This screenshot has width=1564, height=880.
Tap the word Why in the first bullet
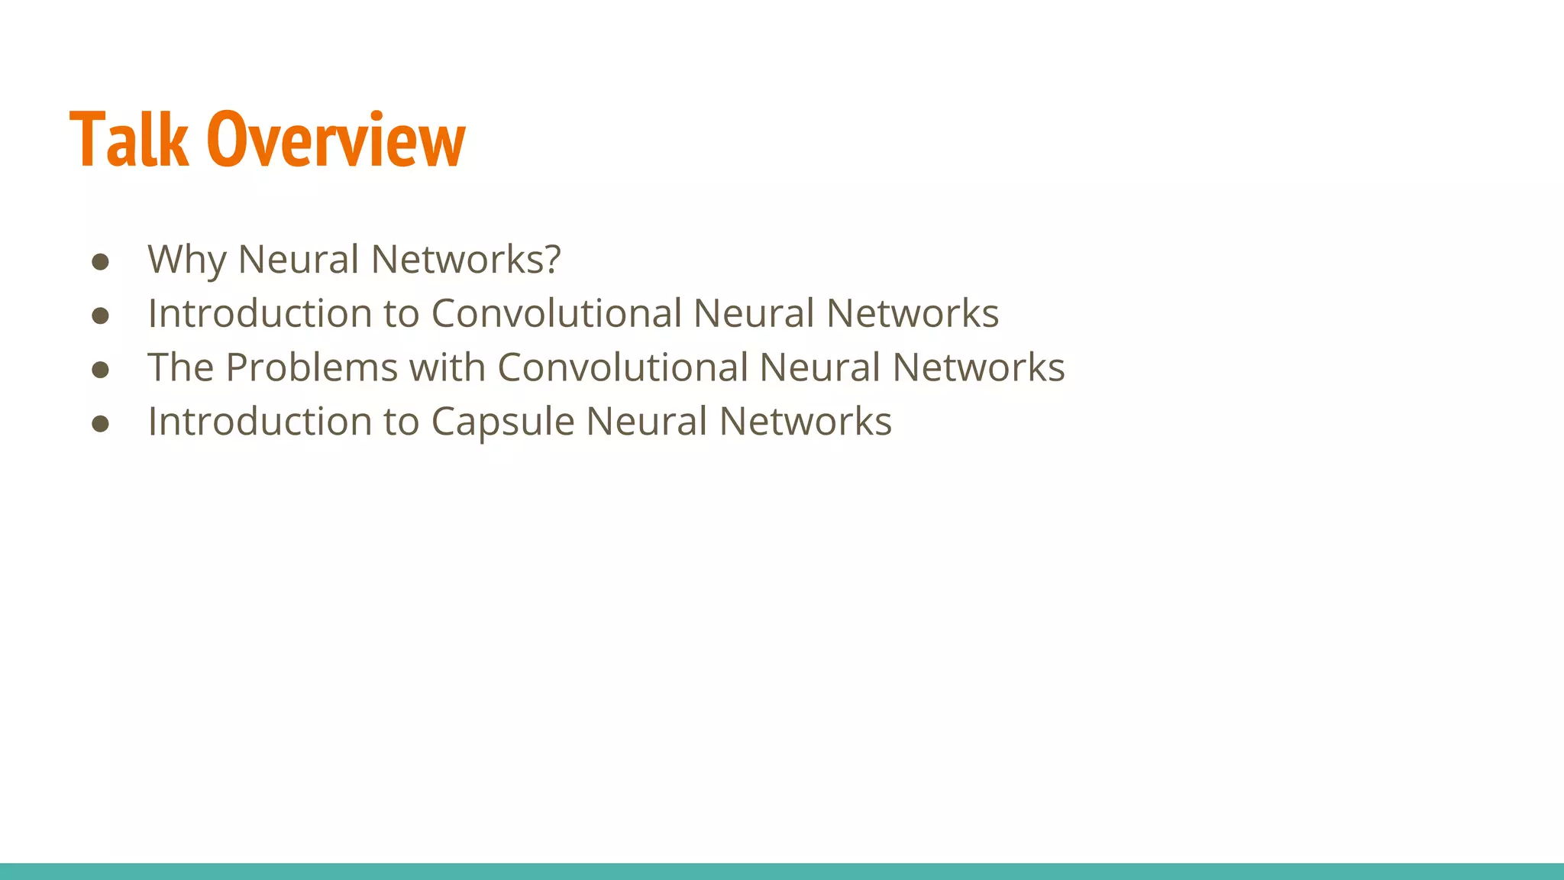click(x=186, y=260)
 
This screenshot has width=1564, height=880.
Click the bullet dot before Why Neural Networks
click(x=100, y=262)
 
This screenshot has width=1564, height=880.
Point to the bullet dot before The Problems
click(x=100, y=370)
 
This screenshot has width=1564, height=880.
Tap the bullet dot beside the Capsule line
click(x=100, y=424)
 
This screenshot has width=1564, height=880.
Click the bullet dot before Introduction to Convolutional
click(x=100, y=316)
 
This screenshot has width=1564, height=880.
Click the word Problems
click(x=312, y=367)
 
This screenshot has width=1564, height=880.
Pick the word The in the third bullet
click(x=180, y=367)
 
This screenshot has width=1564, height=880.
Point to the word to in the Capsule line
click(x=401, y=422)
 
